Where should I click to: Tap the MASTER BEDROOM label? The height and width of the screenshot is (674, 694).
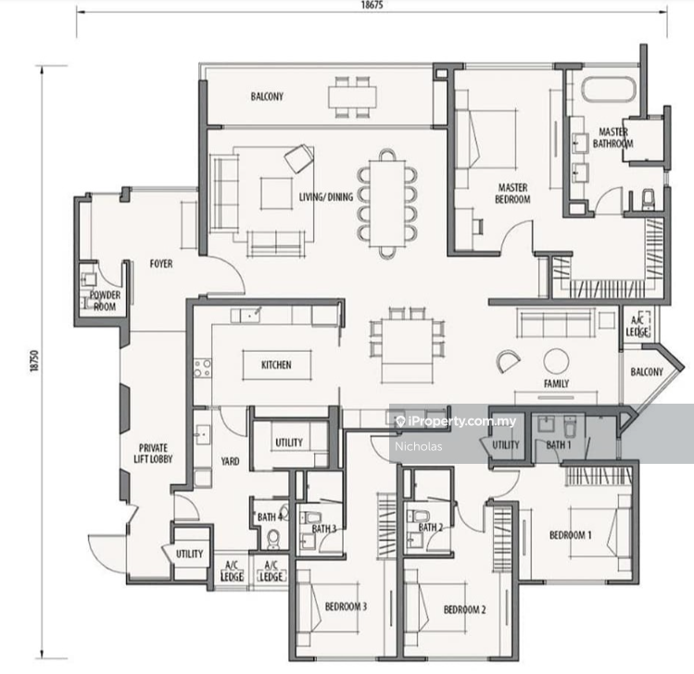[x=512, y=193]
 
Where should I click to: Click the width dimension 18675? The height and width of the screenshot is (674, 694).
[x=372, y=5]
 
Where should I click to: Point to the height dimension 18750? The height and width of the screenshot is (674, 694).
[x=34, y=361]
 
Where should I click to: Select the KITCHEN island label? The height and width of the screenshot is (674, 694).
[x=276, y=365]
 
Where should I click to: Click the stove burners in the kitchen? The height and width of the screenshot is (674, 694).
[x=202, y=368]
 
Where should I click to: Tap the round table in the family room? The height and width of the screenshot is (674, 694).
[x=556, y=361]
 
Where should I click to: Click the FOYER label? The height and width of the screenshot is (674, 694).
[x=161, y=264]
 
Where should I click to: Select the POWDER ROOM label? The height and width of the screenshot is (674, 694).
[x=105, y=300]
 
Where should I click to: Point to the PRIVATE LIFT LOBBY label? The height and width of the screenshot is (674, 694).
[x=153, y=454]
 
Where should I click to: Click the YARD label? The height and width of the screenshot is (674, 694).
[x=230, y=461]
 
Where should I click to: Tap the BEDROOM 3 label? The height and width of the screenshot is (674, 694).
[x=346, y=606]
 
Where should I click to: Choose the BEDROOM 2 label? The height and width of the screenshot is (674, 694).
[x=465, y=609]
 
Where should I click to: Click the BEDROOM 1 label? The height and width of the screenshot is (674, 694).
[x=570, y=535]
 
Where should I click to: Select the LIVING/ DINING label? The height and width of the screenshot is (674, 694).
[x=326, y=197]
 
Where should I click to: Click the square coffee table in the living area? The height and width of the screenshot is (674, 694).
[x=276, y=193]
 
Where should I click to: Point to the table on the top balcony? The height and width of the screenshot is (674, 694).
[x=352, y=97]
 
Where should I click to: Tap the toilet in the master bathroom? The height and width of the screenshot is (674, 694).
[x=648, y=199]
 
